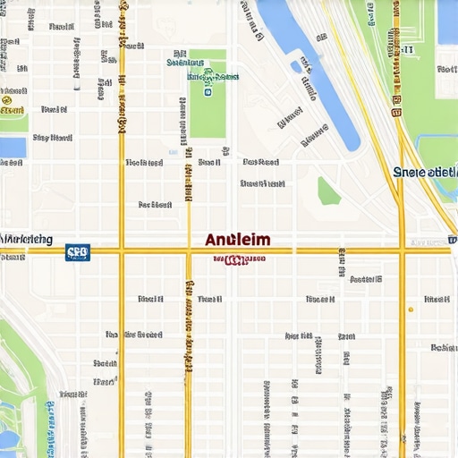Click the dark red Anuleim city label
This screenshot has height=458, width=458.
point(237,241)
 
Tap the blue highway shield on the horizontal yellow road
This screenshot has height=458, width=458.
point(78,252)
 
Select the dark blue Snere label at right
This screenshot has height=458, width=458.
point(424,171)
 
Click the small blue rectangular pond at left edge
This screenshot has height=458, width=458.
point(13,148)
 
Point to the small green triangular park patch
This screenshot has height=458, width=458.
point(328,191)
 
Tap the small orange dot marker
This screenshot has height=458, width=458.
point(411,310)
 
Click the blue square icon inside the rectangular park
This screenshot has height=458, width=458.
point(208,90)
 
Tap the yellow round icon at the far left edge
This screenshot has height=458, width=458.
point(7,100)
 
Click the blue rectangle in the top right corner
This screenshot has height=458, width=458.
point(447,22)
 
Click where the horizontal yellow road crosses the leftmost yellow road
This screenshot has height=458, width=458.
point(122,251)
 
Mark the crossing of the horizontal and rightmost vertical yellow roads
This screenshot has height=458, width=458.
point(402,251)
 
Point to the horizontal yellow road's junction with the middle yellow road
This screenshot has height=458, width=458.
point(188,251)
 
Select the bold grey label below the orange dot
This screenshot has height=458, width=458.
point(443,347)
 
